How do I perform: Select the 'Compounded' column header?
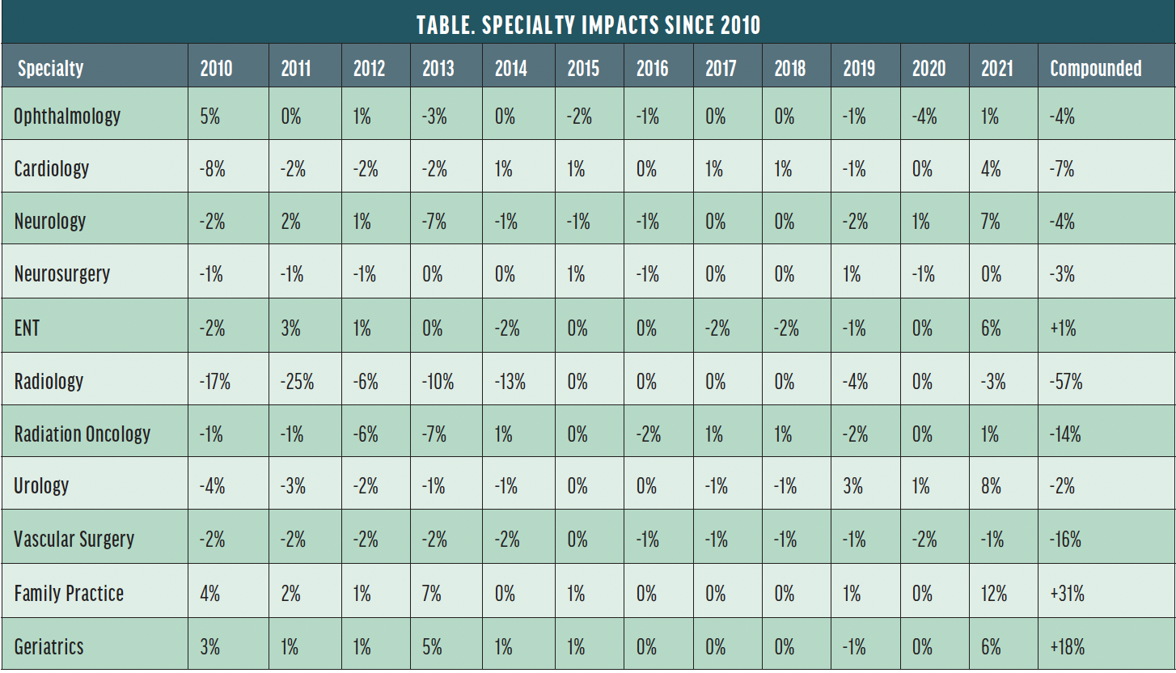[1096, 69]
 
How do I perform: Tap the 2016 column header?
[652, 69]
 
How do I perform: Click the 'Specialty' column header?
[50, 69]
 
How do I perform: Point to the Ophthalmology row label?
[67, 116]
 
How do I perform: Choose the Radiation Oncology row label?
[82, 434]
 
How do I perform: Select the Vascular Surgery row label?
[74, 540]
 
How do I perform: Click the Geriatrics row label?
[49, 647]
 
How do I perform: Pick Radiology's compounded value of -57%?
[1066, 382]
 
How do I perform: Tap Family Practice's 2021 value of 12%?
[994, 594]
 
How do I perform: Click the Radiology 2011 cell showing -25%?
[297, 382]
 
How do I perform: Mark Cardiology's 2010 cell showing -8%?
[212, 169]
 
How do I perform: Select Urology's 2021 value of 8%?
[991, 486]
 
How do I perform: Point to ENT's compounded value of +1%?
[1063, 328]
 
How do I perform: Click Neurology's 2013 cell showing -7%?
[434, 222]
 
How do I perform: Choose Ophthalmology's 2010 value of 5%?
[209, 116]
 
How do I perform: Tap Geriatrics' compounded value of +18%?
[1067, 647]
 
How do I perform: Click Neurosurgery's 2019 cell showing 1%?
[852, 274]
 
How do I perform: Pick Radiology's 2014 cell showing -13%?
[510, 382]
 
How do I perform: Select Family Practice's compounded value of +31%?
[1067, 594]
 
